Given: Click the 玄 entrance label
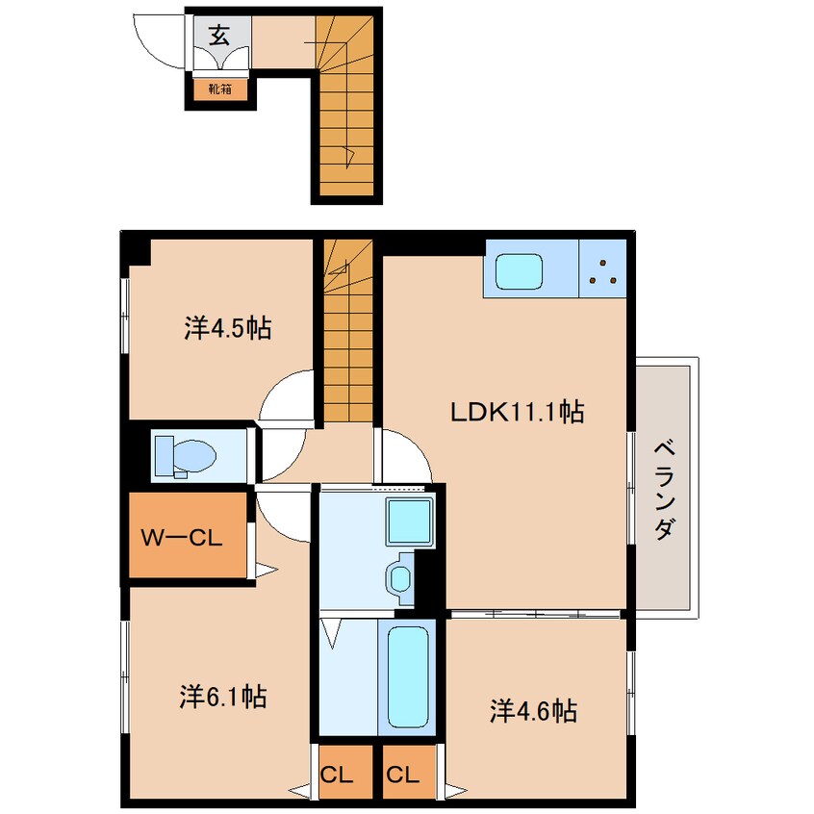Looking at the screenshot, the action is pos(219,36).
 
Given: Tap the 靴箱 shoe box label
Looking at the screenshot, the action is pos(220,89).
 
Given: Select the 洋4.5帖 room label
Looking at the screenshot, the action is pos(227,328).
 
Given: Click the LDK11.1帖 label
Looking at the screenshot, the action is pos(517,412).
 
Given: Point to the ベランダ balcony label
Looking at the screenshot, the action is pos(665,490).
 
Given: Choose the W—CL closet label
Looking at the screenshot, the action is pos(182,538).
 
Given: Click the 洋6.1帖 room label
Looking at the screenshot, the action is pos(223,697).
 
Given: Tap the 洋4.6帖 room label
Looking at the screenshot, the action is pos(533,711).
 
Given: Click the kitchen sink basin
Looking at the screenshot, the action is pos(519,271).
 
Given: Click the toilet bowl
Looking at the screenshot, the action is pos(194,456).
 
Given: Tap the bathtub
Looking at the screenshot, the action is pos(408,677).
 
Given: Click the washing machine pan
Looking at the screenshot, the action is pos(410,521).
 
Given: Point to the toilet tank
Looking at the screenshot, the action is pos(164,455).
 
